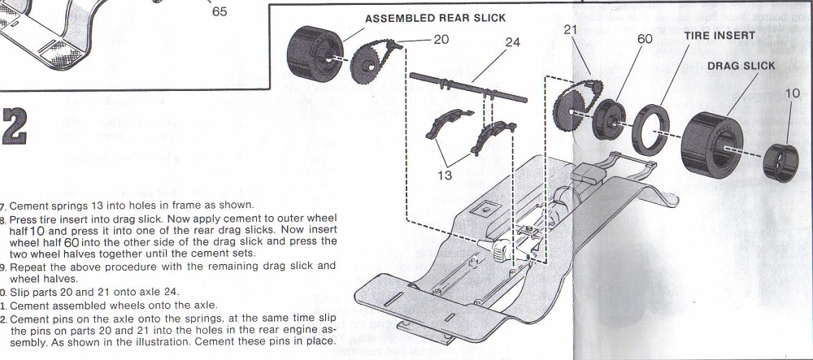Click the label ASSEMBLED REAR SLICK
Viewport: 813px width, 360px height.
tap(435, 18)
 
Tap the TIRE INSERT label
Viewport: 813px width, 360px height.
tap(719, 36)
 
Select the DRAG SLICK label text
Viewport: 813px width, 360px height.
tap(740, 66)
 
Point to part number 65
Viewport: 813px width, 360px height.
tap(220, 12)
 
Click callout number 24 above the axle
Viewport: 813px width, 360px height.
tap(512, 41)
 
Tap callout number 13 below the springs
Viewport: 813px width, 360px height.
tap(445, 175)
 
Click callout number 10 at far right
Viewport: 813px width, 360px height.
tap(792, 94)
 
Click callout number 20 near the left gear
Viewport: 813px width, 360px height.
tap(441, 38)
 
